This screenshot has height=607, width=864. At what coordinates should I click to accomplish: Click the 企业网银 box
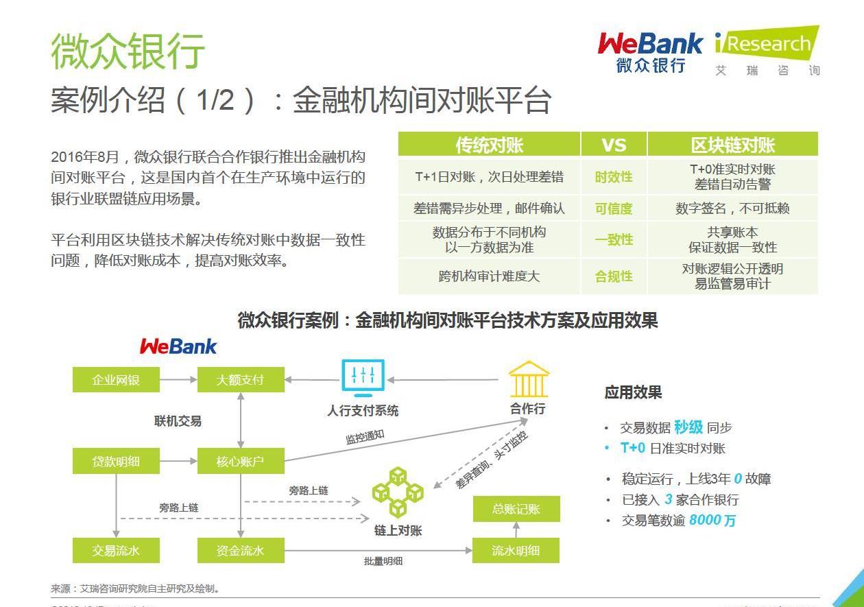(x=116, y=379)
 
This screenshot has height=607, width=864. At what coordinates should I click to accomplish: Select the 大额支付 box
(x=241, y=379)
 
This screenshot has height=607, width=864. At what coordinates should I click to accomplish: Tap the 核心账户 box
(x=241, y=461)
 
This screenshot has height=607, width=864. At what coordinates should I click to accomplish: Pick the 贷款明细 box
(x=116, y=461)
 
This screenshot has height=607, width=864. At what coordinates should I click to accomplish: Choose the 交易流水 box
(x=116, y=550)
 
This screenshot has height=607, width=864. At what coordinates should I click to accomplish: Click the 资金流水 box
(x=241, y=550)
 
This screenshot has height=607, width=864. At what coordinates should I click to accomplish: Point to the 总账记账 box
(x=516, y=509)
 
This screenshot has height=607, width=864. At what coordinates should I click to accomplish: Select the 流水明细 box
(x=516, y=550)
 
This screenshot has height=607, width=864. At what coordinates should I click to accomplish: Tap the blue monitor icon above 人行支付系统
(x=363, y=378)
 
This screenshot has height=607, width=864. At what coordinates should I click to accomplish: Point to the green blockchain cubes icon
(x=398, y=492)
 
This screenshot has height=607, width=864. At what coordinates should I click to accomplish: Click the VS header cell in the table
(x=614, y=145)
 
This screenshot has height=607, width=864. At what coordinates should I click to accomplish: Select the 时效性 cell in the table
(x=614, y=177)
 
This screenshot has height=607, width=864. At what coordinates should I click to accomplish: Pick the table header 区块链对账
(x=732, y=145)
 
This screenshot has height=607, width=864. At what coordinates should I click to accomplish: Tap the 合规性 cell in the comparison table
(x=614, y=276)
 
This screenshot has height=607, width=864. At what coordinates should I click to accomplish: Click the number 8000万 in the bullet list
(x=712, y=520)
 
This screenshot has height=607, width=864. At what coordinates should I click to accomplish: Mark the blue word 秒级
(x=688, y=427)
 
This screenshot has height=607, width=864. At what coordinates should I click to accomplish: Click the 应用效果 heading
(x=633, y=392)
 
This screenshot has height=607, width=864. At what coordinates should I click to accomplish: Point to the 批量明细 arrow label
(x=383, y=561)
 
